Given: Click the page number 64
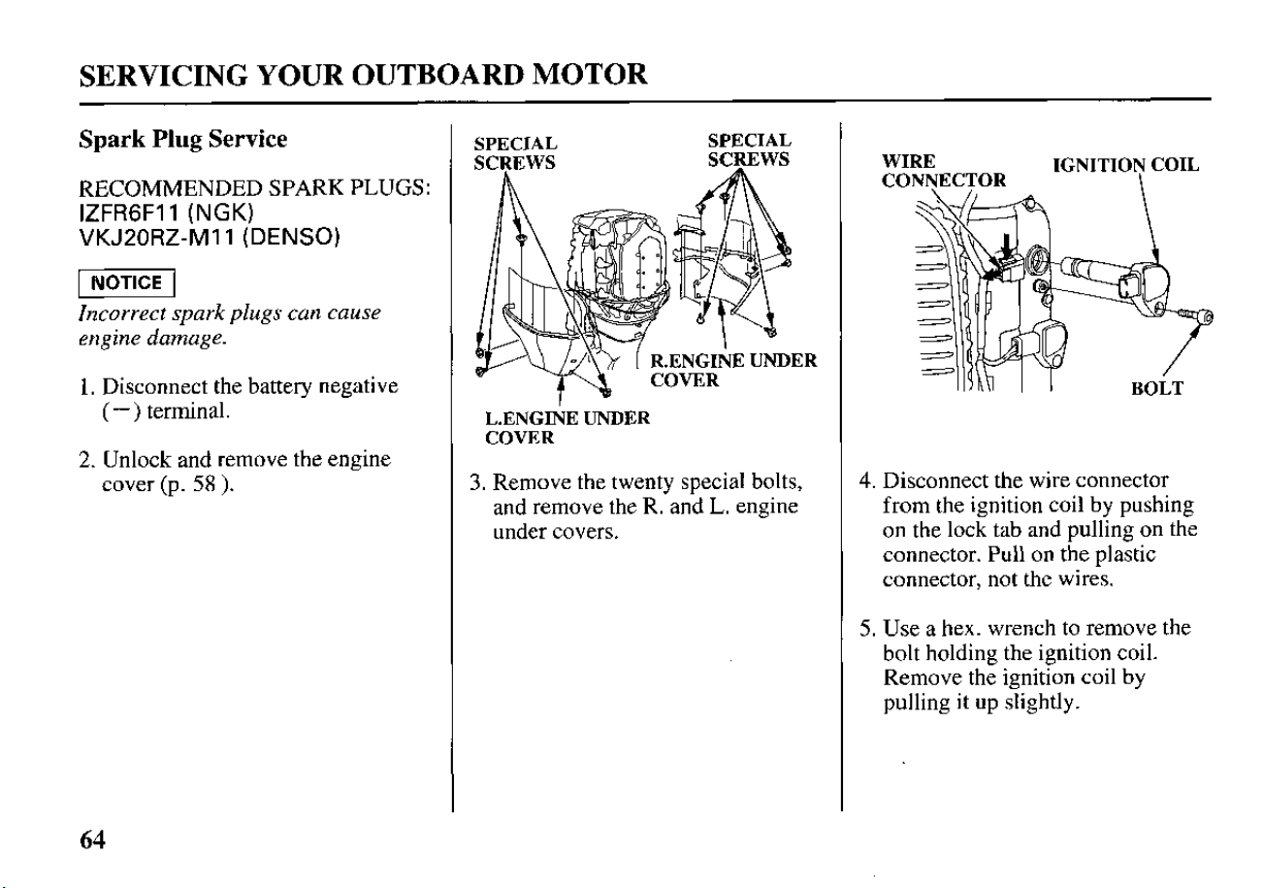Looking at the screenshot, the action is (92, 840).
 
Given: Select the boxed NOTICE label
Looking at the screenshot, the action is (126, 282).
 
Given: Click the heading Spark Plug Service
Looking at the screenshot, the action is (183, 140).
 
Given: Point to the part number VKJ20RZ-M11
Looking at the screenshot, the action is (157, 238).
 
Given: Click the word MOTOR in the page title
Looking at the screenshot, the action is (590, 75).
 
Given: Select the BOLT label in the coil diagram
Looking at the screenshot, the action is (1157, 389).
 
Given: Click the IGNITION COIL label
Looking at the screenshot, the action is (1126, 165).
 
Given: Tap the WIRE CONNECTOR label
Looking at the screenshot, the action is (943, 171).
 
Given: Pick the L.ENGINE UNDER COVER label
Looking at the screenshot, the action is (567, 428).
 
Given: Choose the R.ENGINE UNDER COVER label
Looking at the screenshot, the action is (733, 370).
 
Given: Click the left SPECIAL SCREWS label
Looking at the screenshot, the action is (515, 153).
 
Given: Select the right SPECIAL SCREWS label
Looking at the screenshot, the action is (749, 150).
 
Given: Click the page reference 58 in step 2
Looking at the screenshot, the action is (206, 484).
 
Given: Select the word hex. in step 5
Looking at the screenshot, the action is (961, 628).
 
